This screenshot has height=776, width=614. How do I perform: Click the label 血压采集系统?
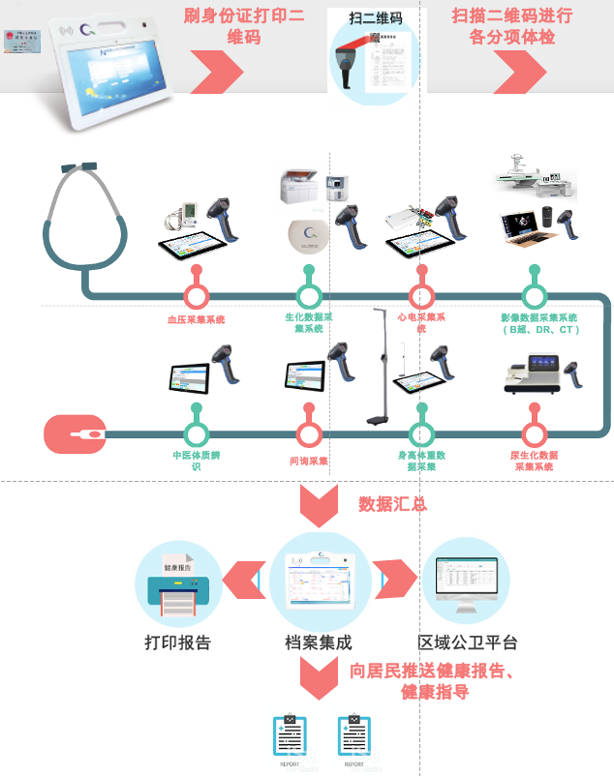click(x=196, y=319)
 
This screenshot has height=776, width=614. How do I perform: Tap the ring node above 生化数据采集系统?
click(x=308, y=295)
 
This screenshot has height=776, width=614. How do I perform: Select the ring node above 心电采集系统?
click(x=420, y=295)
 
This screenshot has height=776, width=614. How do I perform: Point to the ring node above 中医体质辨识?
click(x=197, y=434)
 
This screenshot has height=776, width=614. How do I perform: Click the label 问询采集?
click(x=309, y=461)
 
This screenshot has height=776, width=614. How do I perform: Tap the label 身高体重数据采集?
click(x=421, y=461)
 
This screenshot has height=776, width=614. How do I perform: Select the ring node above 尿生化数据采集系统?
click(x=534, y=434)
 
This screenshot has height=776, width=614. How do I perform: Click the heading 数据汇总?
click(x=392, y=504)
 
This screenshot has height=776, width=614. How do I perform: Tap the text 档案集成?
click(x=318, y=642)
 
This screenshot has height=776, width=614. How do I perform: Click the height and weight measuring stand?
click(x=379, y=368)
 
